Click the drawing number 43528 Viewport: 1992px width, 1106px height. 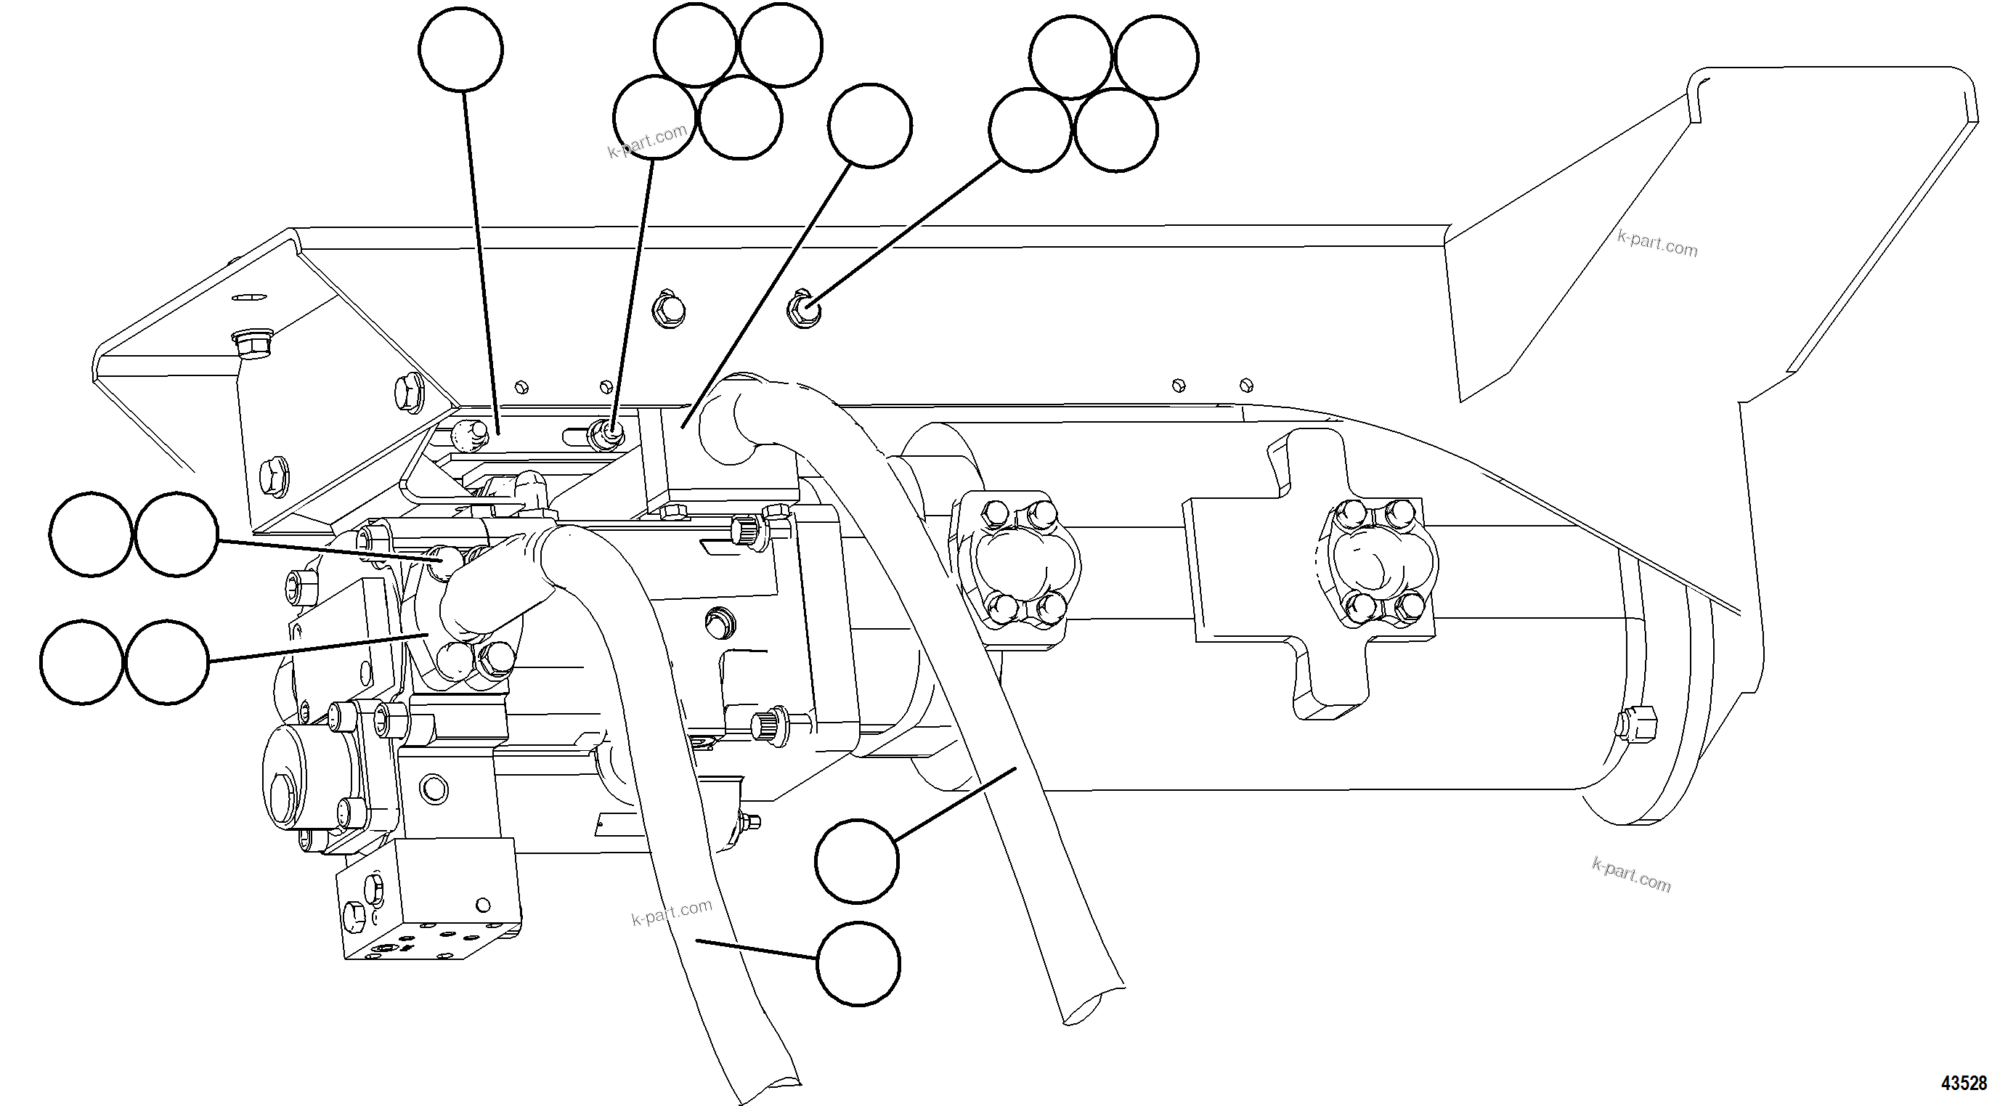[x=1964, y=1083]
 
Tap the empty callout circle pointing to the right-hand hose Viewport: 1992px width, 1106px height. [x=857, y=861]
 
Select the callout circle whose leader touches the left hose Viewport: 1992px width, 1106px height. [x=858, y=964]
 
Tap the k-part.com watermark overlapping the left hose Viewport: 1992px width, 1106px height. [x=671, y=913]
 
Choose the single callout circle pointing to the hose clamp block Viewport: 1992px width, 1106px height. [x=869, y=126]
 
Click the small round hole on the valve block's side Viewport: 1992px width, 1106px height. [x=484, y=905]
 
